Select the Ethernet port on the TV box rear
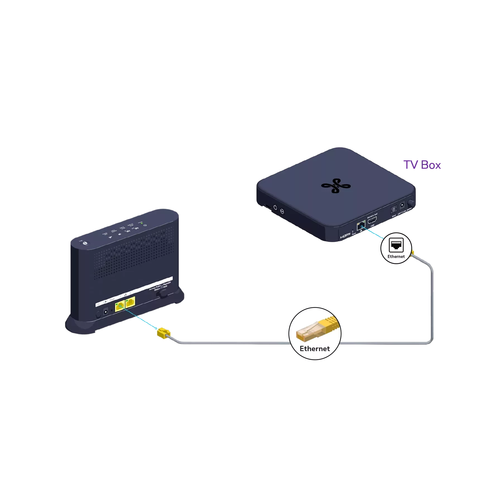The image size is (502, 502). pyautogui.click(x=361, y=225)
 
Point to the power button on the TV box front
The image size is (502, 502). pyautogui.click(x=275, y=207)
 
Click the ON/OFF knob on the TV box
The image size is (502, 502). pyautogui.click(x=411, y=203)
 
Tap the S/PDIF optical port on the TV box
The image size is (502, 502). pyautogui.click(x=394, y=209)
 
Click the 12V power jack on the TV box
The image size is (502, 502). pyautogui.click(x=402, y=206)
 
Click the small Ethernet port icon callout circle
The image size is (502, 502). pyautogui.click(x=396, y=248)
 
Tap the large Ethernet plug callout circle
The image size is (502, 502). pyautogui.click(x=315, y=334)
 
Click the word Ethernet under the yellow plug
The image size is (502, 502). pyautogui.click(x=315, y=349)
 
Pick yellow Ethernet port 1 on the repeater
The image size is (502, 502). pyautogui.click(x=120, y=307)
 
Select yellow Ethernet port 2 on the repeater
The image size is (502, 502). pyautogui.click(x=130, y=302)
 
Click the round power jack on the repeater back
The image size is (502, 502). pyautogui.click(x=106, y=312)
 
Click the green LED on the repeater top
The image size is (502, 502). pyautogui.click(x=142, y=223)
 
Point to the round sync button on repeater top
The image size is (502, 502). pyautogui.click(x=84, y=244)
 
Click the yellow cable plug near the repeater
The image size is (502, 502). pyautogui.click(x=164, y=333)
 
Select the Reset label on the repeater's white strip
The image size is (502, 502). pyautogui.click(x=112, y=300)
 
